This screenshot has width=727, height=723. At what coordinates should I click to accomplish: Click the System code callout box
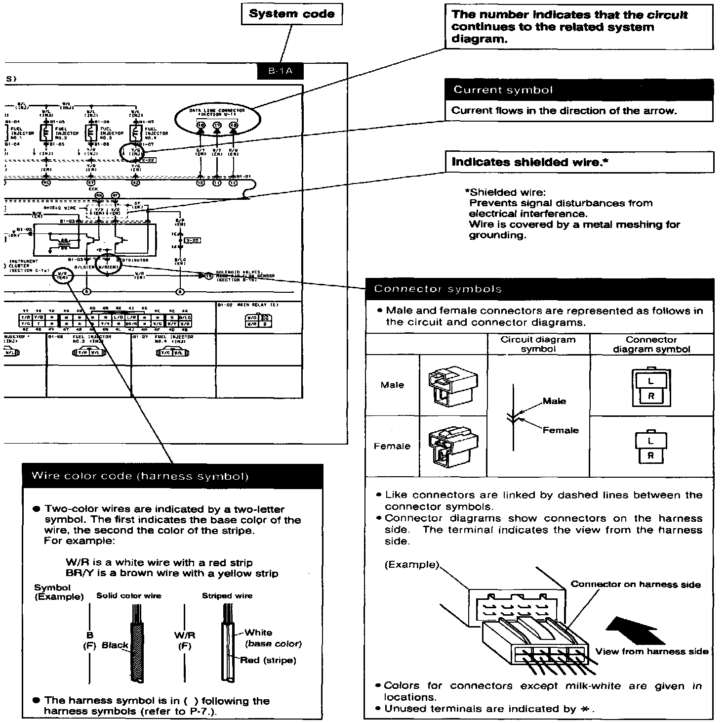coord(291,14)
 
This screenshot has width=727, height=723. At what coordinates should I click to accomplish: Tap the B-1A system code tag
coord(280,71)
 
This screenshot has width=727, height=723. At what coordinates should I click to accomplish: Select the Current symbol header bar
coord(579,90)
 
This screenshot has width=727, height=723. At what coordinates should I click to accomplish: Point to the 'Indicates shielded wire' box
coord(579,162)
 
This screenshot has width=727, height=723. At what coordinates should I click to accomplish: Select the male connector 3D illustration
coord(452,385)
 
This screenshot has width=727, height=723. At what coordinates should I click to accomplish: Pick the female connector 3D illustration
coord(452,446)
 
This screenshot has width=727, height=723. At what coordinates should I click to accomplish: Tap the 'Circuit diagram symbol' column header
coord(538,344)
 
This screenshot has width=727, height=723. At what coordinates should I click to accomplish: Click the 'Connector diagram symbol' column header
coord(651,344)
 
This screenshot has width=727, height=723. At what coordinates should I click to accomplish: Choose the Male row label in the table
coord(392,385)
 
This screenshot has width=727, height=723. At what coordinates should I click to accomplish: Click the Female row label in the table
coord(392,446)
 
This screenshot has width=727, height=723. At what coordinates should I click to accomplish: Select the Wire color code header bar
coord(172,476)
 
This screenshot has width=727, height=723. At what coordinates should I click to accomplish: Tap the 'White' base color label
coord(258,633)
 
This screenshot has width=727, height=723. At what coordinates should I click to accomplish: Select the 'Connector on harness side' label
coord(635,584)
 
